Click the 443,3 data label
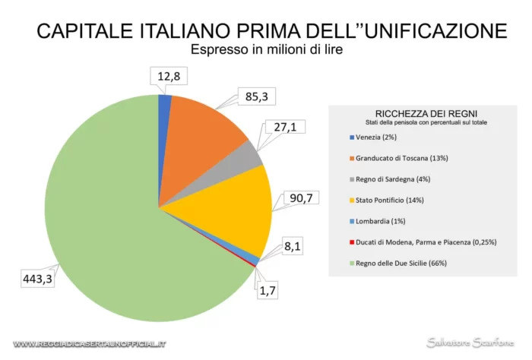click(36, 278)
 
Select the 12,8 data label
click(167, 77)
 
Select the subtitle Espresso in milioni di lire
click(271, 51)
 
